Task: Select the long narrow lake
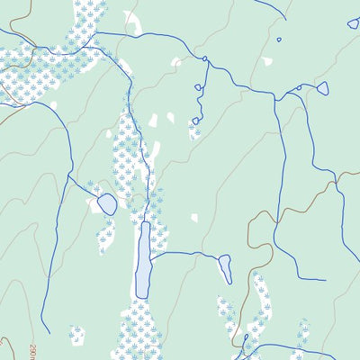(x=143, y=260)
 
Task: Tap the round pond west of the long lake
(x=107, y=204)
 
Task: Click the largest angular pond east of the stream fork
(x=322, y=88)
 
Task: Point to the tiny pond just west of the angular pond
(x=299, y=87)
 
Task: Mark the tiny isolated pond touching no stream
(x=279, y=39)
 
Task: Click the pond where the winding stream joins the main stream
(x=205, y=59)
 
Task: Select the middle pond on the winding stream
(x=199, y=87)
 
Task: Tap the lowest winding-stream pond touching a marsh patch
(x=194, y=121)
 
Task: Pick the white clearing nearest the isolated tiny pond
(x=266, y=62)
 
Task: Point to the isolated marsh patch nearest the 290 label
(x=76, y=337)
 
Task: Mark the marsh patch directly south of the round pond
(x=106, y=237)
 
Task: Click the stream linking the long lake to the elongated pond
(x=184, y=255)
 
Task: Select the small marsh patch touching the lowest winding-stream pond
(x=193, y=131)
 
